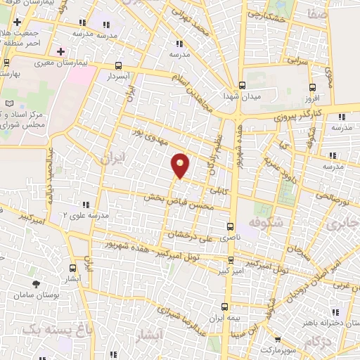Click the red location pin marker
pyautogui.click(x=181, y=165)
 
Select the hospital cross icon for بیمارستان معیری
pyautogui.click(x=61, y=51)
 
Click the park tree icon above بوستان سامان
pyautogui.click(x=35, y=284)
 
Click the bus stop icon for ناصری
pyautogui.click(x=229, y=226)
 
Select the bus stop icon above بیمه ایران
pyautogui.click(x=224, y=307)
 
